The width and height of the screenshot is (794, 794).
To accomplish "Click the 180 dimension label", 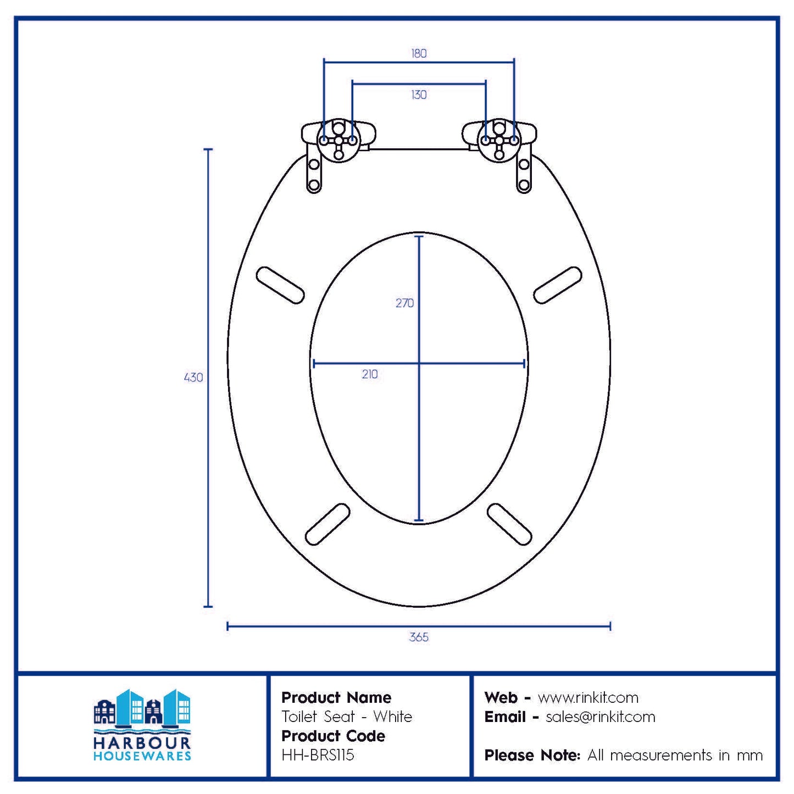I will pyautogui.click(x=419, y=53).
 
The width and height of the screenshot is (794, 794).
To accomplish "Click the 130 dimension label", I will pyautogui.click(x=419, y=95).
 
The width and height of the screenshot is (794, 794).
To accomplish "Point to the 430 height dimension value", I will pyautogui.click(x=193, y=377).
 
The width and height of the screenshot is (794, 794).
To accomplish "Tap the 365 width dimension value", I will pyautogui.click(x=419, y=637).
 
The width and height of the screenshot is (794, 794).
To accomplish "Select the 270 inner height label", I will pyautogui.click(x=404, y=303).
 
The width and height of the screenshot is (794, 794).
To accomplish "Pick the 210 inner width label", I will pyautogui.click(x=370, y=374).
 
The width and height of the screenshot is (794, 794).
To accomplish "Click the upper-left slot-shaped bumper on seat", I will pyautogui.click(x=280, y=285).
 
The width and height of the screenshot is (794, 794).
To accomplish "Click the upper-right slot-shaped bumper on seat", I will pyautogui.click(x=558, y=285).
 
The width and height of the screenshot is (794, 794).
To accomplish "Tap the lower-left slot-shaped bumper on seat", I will pyautogui.click(x=327, y=524).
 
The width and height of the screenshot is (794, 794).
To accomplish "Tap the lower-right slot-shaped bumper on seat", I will pyautogui.click(x=509, y=524).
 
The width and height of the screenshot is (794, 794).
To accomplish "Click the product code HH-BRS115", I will pyautogui.click(x=318, y=755).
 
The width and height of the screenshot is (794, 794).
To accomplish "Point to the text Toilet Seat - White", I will pyautogui.click(x=347, y=717).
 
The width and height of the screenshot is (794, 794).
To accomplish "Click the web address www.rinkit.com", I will pyautogui.click(x=588, y=698).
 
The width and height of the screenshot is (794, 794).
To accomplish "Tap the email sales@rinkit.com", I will pyautogui.click(x=600, y=717).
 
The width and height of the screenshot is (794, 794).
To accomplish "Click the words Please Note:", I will pyautogui.click(x=532, y=756).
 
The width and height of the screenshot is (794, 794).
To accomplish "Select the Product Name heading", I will pyautogui.click(x=336, y=698).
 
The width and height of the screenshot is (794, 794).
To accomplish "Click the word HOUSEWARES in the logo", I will pyautogui.click(x=142, y=756).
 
